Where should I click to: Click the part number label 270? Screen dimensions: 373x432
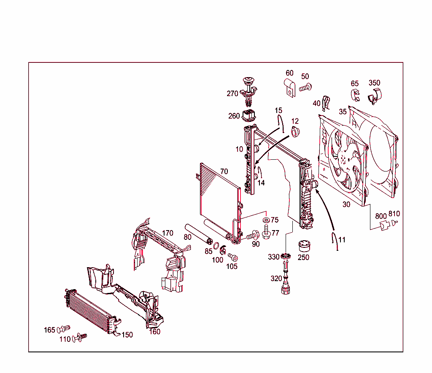(x=232, y=94)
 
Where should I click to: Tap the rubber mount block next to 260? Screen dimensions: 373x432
(x=250, y=115)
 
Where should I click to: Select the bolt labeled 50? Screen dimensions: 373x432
(x=305, y=88)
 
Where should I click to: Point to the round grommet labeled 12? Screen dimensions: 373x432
(x=296, y=132)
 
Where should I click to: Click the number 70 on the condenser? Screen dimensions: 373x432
(x=224, y=172)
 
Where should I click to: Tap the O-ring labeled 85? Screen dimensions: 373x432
(x=215, y=246)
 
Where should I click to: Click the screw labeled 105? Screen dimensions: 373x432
(x=233, y=257)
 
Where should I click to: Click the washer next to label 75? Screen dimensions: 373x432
(x=266, y=221)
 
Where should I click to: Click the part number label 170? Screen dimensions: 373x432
(x=167, y=233)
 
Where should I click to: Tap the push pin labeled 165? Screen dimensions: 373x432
(x=63, y=329)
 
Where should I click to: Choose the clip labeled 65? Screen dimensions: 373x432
(x=355, y=96)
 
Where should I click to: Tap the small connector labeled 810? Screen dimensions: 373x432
(x=395, y=223)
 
